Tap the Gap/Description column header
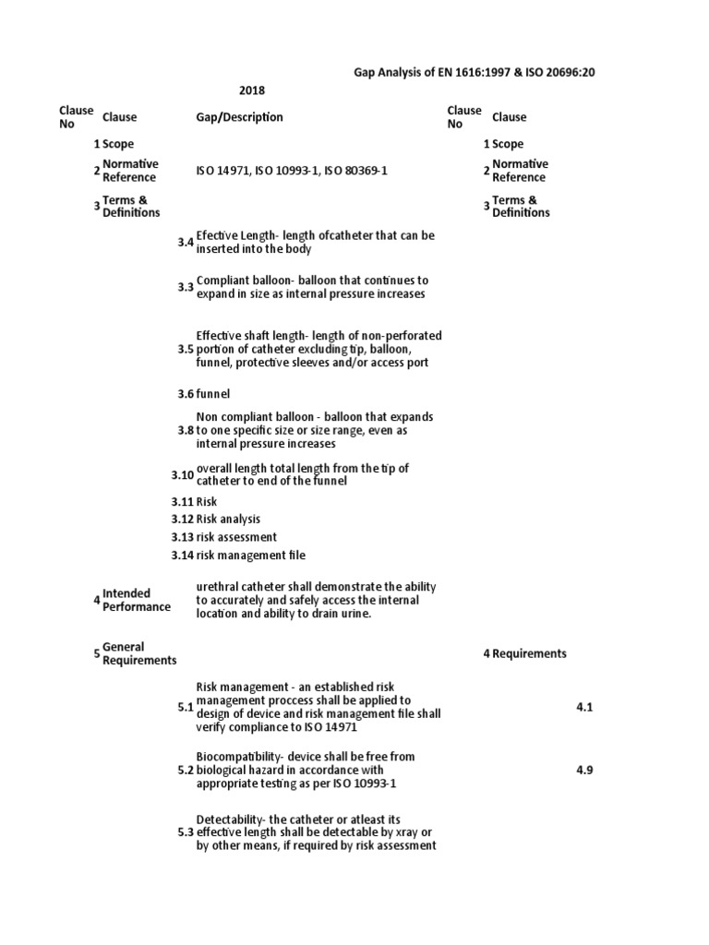pyautogui.click(x=239, y=117)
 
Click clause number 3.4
pyautogui.click(x=186, y=242)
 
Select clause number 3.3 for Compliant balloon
pyautogui.click(x=186, y=287)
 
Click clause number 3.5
pyautogui.click(x=186, y=349)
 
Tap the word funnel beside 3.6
pyautogui.click(x=212, y=393)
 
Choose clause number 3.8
pyautogui.click(x=186, y=430)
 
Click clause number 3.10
pyautogui.click(x=183, y=475)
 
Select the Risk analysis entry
pyautogui.click(x=228, y=520)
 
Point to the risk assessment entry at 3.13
pyautogui.click(x=236, y=537)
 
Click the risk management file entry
pyautogui.click(x=250, y=556)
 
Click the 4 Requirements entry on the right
pyautogui.click(x=524, y=653)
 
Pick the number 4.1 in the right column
pyautogui.click(x=583, y=707)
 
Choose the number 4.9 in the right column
pyautogui.click(x=583, y=769)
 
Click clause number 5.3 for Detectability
pyautogui.click(x=186, y=832)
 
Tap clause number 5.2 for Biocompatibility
pyautogui.click(x=186, y=769)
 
